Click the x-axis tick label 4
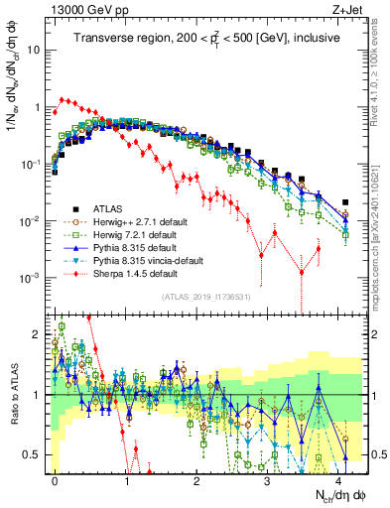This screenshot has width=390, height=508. click(x=339, y=479)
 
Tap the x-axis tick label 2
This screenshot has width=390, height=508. click(x=197, y=479)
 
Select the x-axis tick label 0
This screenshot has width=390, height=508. click(x=56, y=479)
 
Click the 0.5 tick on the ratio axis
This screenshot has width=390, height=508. click(x=36, y=454)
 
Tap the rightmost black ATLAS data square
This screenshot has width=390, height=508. click(x=344, y=202)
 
